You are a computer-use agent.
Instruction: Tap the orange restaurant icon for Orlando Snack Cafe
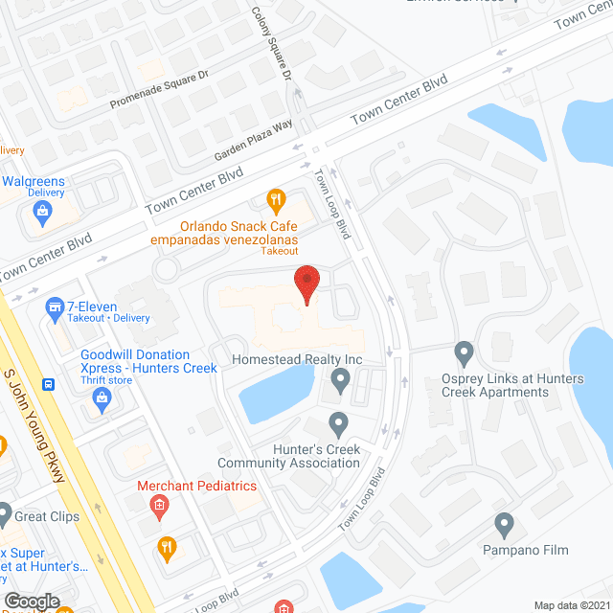pos(276,200)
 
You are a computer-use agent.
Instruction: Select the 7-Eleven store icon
pos(55,307)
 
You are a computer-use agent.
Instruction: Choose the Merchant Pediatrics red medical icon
pos(160,505)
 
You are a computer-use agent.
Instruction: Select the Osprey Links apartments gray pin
pos(465,353)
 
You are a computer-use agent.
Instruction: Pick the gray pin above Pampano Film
pos(505,526)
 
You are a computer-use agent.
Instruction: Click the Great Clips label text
pos(46,517)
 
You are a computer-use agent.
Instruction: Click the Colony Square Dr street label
pos(271,42)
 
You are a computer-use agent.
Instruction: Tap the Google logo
pos(31,601)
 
